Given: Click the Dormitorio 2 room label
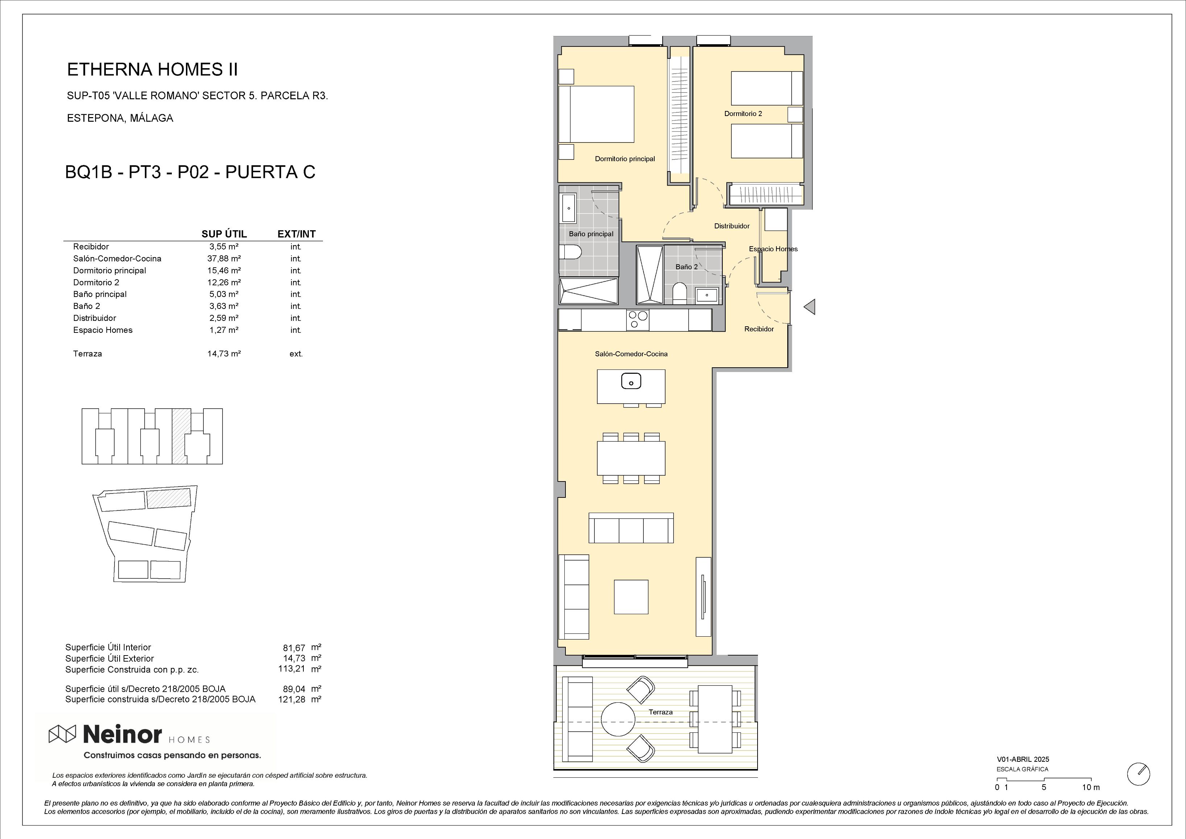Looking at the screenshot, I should click(743, 113).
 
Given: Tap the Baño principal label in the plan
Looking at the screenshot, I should click(591, 234).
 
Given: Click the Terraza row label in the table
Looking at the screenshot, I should click(87, 354).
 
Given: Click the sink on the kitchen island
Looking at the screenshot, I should click(631, 382).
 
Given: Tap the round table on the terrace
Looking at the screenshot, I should click(618, 720).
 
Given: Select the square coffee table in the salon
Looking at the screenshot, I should click(631, 597).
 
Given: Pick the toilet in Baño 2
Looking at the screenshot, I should click(679, 293).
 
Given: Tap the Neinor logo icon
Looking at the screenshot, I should click(62, 733).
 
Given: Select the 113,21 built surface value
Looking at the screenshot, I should click(292, 669).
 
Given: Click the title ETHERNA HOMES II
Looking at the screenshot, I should click(152, 70).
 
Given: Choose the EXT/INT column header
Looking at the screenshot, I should click(296, 234).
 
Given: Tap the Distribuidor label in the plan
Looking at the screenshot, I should click(731, 226).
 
